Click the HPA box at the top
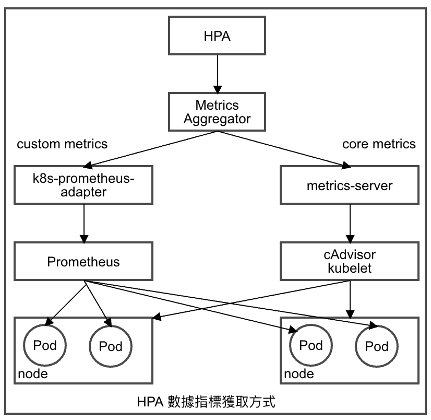coord(217,37)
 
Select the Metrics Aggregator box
coord(217,112)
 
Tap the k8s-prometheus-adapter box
coord(83,185)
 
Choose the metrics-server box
coord(350,185)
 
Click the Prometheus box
coord(83,261)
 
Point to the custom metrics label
coord(62,144)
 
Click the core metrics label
coord(379,144)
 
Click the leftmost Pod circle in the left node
coord(44,345)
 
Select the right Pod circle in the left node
coord(111,346)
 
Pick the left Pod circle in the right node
coord(311,345)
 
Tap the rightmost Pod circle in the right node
coord(376,346)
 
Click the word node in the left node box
coord(32,374)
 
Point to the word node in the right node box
coord(298,374)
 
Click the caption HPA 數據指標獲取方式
coord(206,402)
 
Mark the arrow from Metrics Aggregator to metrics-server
coord(282,149)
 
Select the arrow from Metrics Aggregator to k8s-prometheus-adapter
coord(151,149)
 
